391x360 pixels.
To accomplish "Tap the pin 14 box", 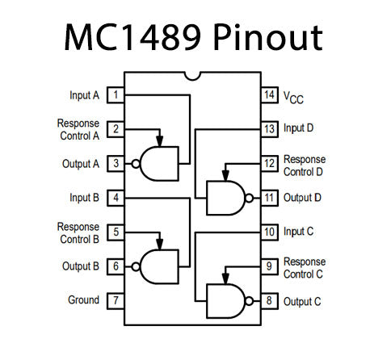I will (268, 95).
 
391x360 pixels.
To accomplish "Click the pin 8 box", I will (268, 300).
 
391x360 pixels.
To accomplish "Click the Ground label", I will (83, 300).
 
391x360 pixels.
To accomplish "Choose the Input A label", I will (84, 95).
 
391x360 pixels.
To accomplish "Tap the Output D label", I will (303, 197).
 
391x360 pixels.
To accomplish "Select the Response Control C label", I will (305, 267).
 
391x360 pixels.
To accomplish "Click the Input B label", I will (84, 197).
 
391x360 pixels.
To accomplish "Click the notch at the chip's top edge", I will (191, 77).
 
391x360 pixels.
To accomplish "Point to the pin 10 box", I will (268, 232).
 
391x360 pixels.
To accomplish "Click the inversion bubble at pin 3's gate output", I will (137, 163).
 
